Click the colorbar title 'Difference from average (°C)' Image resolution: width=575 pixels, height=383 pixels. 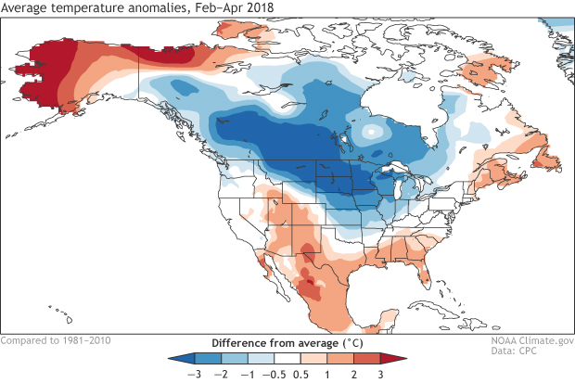[287, 340]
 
